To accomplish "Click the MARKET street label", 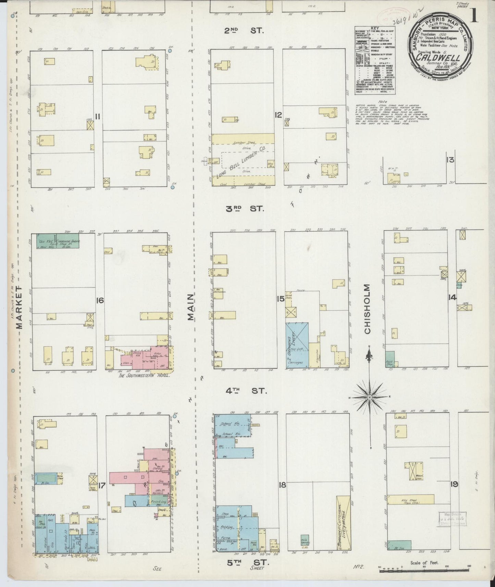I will click(x=20, y=308).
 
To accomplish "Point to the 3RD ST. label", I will click(x=245, y=209).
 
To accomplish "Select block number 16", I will click(x=100, y=301).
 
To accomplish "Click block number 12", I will click(x=278, y=115).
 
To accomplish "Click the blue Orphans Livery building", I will click(x=297, y=345).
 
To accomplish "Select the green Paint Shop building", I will click(x=390, y=359).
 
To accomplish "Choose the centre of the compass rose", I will click(x=370, y=397).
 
